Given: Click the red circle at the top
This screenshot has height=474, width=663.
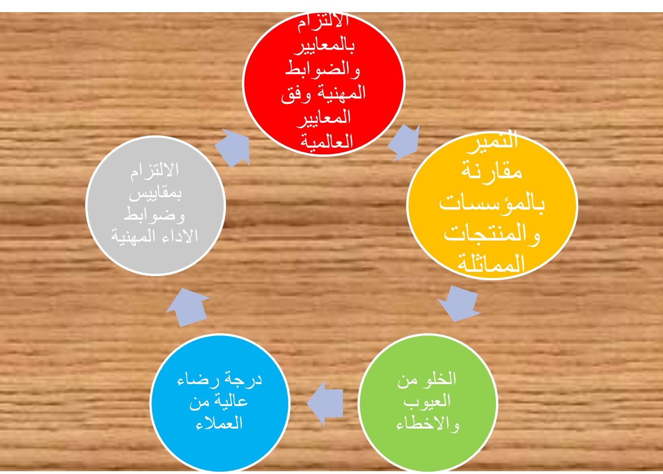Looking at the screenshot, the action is click(x=323, y=83).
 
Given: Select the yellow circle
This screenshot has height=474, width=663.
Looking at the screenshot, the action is click(x=492, y=205).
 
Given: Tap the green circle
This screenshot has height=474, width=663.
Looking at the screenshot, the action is click(x=428, y=403).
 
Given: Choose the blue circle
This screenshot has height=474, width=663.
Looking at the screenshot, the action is click(x=219, y=403).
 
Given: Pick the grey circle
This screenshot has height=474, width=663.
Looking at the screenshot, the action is click(x=156, y=206).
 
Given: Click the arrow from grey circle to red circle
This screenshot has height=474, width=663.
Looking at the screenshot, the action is click(x=233, y=148).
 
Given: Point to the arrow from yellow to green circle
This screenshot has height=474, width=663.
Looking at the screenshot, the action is click(x=459, y=304).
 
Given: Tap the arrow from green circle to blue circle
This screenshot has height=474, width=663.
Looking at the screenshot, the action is click(x=325, y=403).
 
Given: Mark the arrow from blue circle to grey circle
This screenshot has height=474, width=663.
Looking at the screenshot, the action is click(x=188, y=307).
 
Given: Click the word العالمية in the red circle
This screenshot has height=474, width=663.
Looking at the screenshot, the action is click(x=327, y=141).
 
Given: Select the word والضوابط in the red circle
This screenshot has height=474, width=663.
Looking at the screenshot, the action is click(x=323, y=70).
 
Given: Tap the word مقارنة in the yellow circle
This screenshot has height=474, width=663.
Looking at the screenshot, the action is click(x=492, y=172).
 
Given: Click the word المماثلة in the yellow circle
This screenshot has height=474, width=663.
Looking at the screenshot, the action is click(x=491, y=264).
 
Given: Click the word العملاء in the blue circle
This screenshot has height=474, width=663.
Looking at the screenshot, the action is click(x=219, y=423).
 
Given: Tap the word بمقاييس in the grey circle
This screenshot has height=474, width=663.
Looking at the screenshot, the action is click(x=155, y=193).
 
